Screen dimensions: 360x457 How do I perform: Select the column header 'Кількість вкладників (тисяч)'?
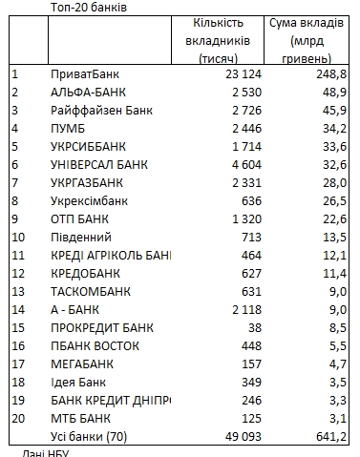click(220, 41)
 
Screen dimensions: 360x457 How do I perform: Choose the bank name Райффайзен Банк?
click(101, 111)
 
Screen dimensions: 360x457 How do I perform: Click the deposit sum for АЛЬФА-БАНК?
click(332, 93)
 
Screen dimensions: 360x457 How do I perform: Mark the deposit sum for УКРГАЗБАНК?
click(332, 182)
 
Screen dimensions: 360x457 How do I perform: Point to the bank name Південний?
click(81, 237)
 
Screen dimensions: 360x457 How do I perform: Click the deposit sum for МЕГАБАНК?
click(335, 364)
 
